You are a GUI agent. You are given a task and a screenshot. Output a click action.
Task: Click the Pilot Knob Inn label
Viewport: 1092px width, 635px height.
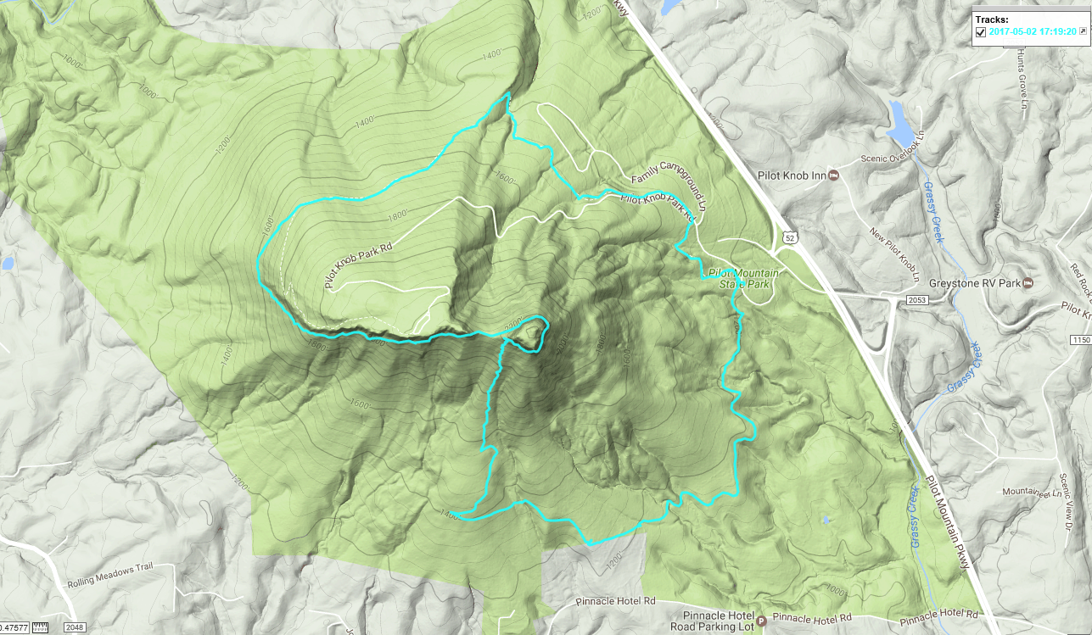tap(790, 175)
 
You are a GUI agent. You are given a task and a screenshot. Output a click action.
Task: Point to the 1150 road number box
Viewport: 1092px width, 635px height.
tap(1080, 339)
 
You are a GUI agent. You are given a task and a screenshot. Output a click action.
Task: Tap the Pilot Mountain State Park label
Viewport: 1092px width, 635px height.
tap(744, 279)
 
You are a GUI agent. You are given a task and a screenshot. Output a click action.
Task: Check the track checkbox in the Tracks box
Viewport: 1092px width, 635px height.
tap(981, 32)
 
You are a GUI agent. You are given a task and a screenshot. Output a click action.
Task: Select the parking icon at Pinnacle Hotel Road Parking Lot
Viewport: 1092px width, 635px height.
tap(761, 620)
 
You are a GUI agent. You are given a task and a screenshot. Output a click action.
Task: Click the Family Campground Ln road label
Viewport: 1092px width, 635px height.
tap(670, 188)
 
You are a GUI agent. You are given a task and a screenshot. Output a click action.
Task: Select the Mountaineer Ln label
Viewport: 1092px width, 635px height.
tap(1027, 492)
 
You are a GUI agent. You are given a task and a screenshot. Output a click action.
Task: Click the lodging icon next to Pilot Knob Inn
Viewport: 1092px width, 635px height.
tap(833, 175)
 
